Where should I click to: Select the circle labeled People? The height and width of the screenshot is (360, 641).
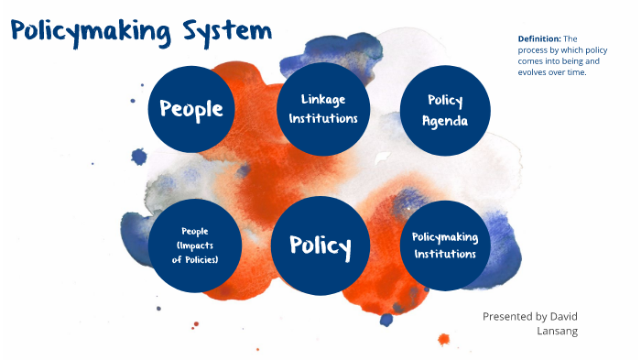(191, 109)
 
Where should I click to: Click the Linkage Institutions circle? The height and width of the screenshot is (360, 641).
(322, 109)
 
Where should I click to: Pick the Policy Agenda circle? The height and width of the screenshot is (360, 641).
(445, 111)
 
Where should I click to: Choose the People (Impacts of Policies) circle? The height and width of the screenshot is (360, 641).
(195, 244)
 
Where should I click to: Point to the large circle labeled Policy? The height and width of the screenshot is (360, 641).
(320, 245)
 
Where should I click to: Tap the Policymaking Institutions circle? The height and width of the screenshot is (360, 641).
(445, 245)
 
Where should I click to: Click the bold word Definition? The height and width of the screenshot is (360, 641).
(538, 38)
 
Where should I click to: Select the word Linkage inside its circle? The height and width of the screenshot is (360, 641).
(322, 99)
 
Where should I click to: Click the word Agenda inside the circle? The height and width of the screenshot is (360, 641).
(445, 121)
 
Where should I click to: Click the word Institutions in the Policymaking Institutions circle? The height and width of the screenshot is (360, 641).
(445, 255)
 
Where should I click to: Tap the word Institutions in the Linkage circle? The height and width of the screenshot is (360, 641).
(322, 119)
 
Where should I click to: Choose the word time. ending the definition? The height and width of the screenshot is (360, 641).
(576, 73)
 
